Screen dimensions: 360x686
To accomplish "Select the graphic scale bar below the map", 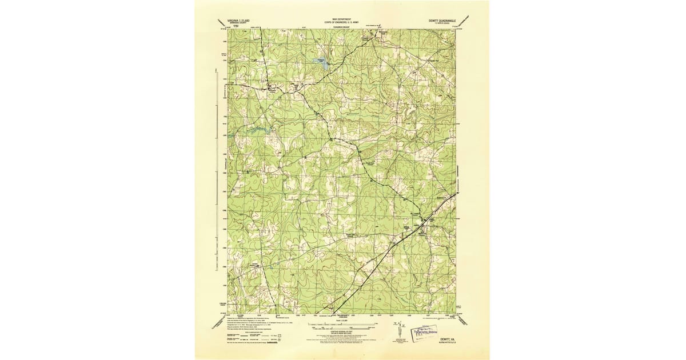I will point(342,326).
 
